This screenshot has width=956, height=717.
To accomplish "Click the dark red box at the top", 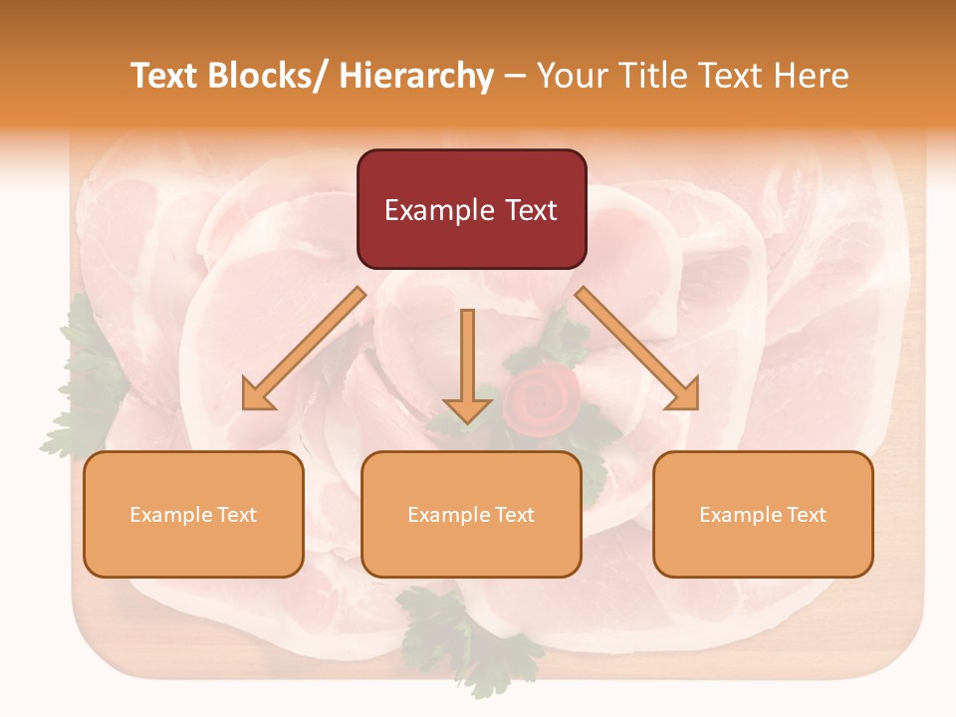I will (x=471, y=209).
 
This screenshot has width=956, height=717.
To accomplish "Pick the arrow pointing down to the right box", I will (x=637, y=349).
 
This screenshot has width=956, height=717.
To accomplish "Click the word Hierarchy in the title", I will (x=416, y=77).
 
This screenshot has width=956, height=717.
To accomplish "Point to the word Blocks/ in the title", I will (x=266, y=77).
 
